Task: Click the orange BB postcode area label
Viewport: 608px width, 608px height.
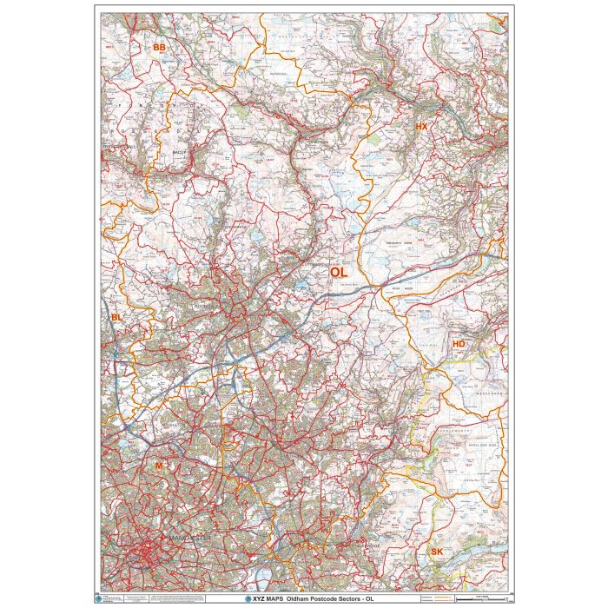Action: (159, 47)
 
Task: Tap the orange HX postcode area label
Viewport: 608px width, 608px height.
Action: (422, 127)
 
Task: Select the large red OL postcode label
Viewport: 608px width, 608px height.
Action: (338, 272)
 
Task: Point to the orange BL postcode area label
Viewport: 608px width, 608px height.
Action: (117, 319)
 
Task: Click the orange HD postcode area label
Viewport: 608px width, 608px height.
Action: (459, 345)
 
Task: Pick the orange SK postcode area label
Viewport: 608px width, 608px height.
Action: (436, 552)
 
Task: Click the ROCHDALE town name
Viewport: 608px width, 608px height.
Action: (208, 307)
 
